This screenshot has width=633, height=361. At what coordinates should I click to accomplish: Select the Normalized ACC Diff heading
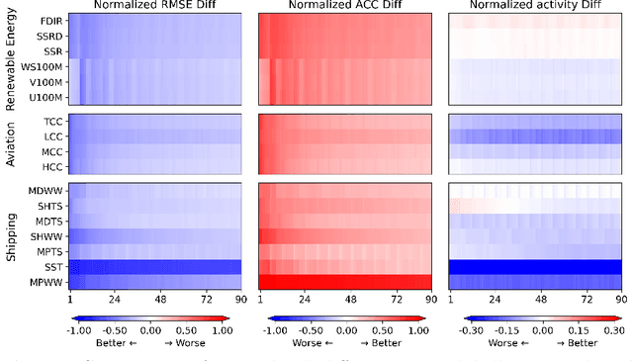coord(344,7)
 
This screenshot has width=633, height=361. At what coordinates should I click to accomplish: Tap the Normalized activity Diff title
coord(534,7)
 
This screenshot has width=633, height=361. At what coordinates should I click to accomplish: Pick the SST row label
coord(54,267)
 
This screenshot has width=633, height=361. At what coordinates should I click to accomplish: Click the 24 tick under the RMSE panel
coord(115,299)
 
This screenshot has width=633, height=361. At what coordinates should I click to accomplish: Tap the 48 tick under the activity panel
coord(540,299)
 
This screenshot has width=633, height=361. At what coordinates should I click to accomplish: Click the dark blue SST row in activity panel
coord(534,266)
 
